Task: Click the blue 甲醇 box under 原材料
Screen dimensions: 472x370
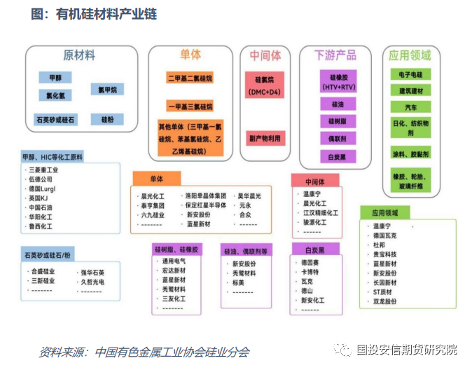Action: coord(55,78)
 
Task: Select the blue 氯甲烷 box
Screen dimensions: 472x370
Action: coord(107,89)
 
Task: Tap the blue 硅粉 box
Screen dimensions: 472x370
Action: coord(107,120)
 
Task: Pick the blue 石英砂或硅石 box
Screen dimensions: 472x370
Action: coord(55,120)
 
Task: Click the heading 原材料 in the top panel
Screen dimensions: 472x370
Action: coord(79,55)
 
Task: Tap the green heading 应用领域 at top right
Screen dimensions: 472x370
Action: coord(410,55)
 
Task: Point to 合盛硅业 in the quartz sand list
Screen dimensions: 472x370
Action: coord(42,271)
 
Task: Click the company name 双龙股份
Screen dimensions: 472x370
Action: coord(384,301)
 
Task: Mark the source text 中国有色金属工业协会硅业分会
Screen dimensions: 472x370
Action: coord(172,352)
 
